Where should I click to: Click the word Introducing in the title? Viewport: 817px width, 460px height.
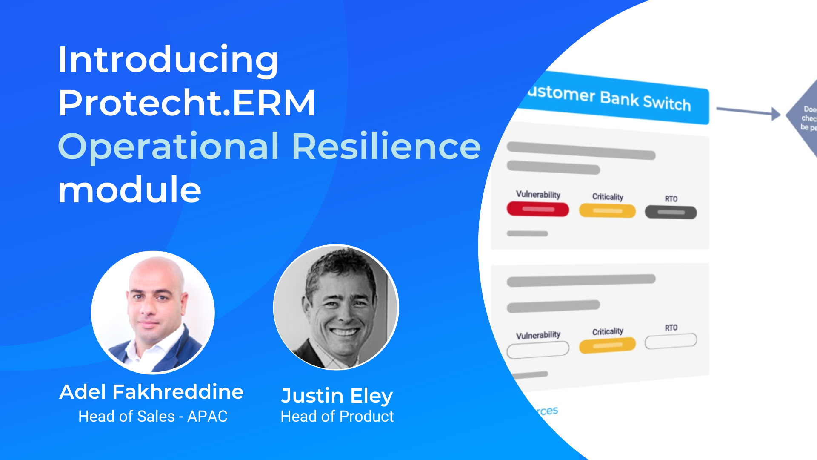click(x=168, y=60)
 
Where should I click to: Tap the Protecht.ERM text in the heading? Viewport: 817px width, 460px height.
click(x=186, y=103)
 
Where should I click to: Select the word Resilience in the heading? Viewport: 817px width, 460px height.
click(x=386, y=147)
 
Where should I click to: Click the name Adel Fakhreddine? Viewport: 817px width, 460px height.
click(x=151, y=392)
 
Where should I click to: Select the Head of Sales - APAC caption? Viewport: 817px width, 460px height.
click(x=153, y=416)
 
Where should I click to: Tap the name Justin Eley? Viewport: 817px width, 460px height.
click(x=337, y=396)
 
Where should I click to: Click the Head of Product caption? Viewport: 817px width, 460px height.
click(x=337, y=416)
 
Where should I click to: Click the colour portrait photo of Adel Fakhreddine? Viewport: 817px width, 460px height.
click(x=153, y=312)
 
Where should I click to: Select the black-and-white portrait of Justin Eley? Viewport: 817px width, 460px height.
click(x=336, y=307)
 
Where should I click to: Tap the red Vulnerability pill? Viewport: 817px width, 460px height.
click(x=538, y=209)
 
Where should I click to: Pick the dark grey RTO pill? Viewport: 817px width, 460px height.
click(x=671, y=212)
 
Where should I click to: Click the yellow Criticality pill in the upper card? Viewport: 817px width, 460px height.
click(x=607, y=211)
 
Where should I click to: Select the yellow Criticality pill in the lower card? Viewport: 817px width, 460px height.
click(x=607, y=345)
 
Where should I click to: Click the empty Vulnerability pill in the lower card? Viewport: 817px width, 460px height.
click(x=538, y=349)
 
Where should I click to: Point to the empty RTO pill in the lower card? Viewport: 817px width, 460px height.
click(x=671, y=341)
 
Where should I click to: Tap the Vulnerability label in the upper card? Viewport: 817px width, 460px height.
click(x=538, y=194)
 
